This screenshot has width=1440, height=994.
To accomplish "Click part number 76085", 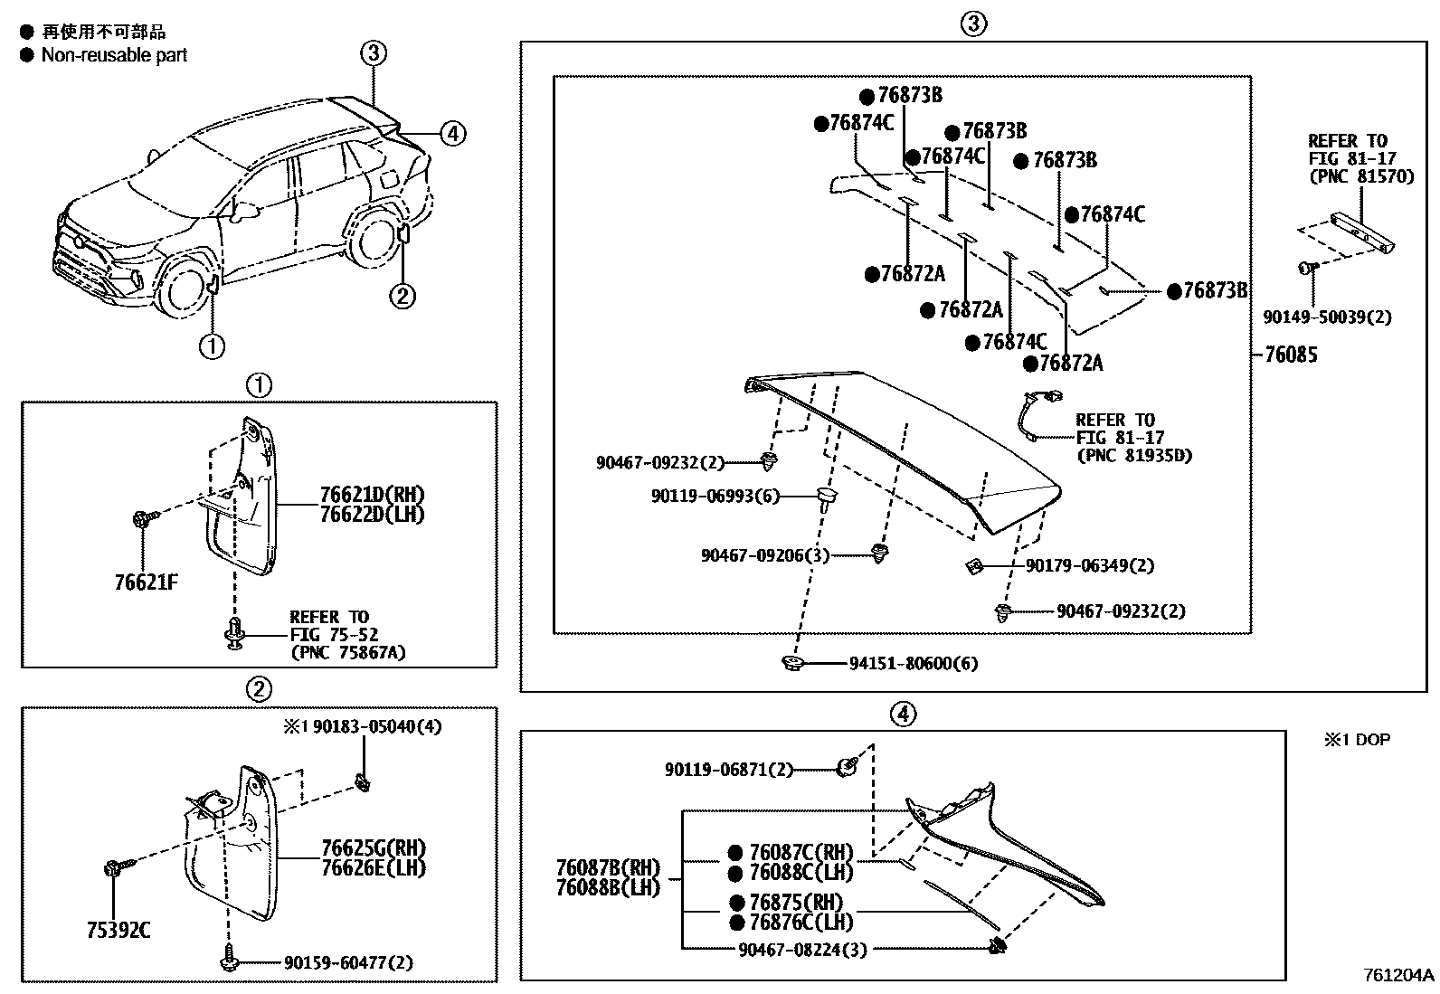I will [1291, 355].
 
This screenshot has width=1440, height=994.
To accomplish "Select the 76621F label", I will [147, 582].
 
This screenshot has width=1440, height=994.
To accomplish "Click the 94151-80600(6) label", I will [913, 664].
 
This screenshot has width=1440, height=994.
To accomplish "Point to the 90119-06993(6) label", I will [715, 496].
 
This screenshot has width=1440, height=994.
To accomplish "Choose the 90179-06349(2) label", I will [1090, 565].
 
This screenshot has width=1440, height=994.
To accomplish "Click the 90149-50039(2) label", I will [1327, 317].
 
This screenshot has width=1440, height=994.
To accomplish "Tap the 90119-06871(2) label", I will [728, 769].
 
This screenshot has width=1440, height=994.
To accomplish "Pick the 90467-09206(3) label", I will [764, 554].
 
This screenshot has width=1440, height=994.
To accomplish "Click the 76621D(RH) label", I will [372, 495].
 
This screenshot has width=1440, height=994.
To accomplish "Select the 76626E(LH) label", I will [373, 867].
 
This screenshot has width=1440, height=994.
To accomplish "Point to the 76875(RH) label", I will [796, 903].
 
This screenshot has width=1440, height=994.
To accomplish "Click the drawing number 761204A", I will [1398, 975].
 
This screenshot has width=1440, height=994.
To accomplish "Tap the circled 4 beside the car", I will [452, 134].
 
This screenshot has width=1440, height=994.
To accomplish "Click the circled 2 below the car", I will [403, 296].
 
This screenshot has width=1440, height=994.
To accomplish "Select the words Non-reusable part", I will [114, 55].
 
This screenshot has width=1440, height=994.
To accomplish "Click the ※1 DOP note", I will [1357, 740].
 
